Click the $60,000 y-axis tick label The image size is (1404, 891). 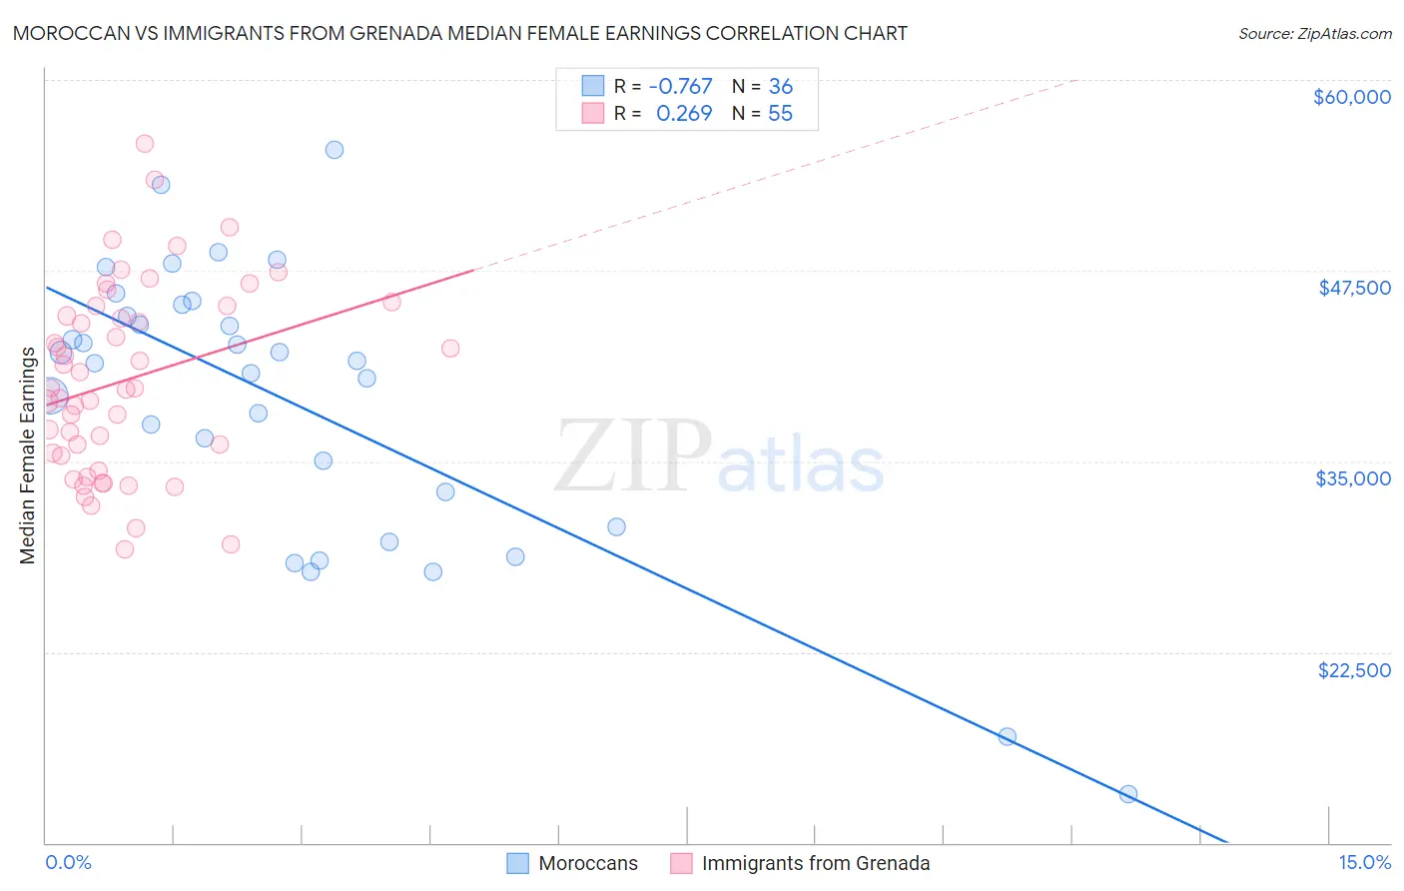tap(1351, 97)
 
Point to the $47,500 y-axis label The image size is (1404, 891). tap(1354, 288)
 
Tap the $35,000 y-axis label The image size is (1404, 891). tap(1353, 478)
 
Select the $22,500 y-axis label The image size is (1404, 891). tap(1354, 670)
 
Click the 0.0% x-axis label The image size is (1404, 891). tap(68, 862)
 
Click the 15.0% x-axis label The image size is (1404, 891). tap(1364, 862)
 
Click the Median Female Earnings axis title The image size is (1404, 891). tap(28, 455)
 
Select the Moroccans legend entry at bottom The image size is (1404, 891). tap(587, 863)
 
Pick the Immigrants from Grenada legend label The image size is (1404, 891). tap(815, 863)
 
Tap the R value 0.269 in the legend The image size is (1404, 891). tap(684, 114)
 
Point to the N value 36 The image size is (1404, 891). tap(780, 87)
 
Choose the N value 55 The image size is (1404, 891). tap(780, 114)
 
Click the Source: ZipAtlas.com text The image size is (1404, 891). tap(1314, 34)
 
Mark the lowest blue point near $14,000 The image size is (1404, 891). tap(1128, 794)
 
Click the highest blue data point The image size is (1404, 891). tap(335, 150)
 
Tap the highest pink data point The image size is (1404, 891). tap(145, 144)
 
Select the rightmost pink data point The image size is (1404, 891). tap(450, 349)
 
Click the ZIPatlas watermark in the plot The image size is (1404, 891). tap(719, 457)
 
